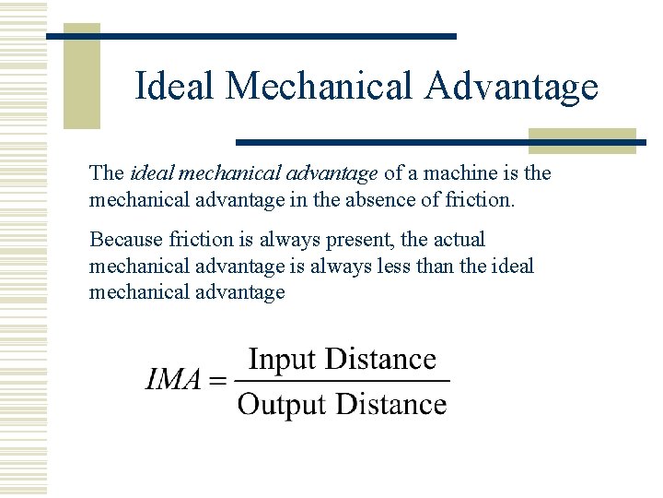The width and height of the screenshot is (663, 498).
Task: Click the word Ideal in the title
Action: [x=174, y=87]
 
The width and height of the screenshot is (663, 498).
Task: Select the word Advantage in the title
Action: [x=511, y=87]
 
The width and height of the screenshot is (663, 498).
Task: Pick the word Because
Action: [x=127, y=240]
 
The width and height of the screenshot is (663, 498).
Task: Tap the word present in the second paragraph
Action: [x=355, y=240]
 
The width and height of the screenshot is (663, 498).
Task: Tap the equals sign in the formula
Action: [x=217, y=380]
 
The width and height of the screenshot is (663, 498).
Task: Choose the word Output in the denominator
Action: [x=282, y=404]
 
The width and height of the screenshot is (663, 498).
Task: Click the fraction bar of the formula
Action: [x=342, y=380]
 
